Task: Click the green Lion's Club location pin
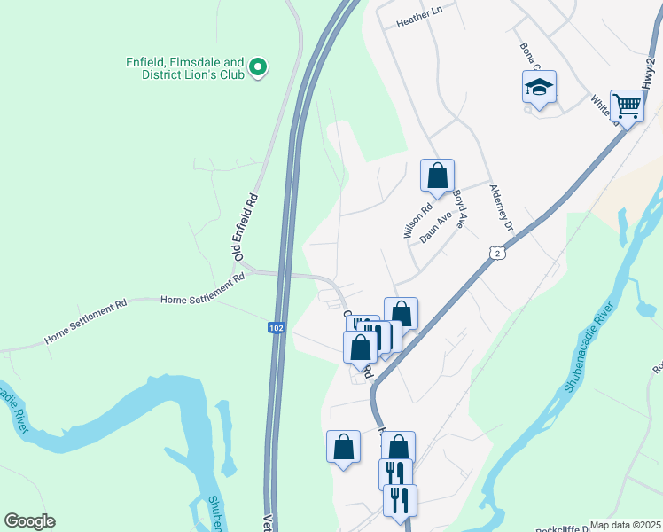(x=258, y=67)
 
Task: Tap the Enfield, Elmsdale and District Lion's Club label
(x=185, y=68)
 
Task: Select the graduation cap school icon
(x=539, y=88)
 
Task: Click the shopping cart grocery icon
(x=627, y=106)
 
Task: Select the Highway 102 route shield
(x=277, y=328)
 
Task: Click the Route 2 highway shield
(x=497, y=254)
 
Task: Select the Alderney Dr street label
(x=502, y=213)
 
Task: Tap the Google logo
(x=29, y=521)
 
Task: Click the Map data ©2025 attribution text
(x=626, y=525)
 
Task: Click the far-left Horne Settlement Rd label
(x=85, y=324)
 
